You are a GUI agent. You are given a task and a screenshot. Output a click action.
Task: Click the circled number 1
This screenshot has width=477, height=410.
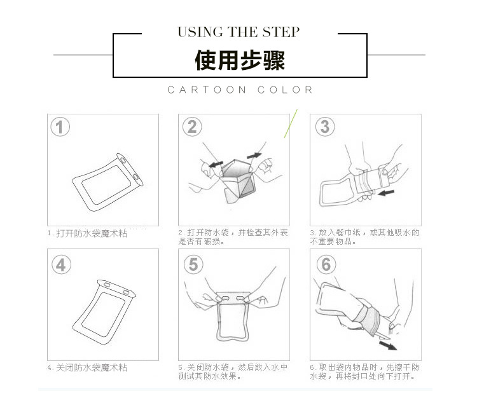(x=60, y=127)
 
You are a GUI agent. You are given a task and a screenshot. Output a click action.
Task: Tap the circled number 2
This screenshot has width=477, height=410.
(x=192, y=127)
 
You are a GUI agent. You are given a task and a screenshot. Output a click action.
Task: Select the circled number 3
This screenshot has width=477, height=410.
(x=325, y=126)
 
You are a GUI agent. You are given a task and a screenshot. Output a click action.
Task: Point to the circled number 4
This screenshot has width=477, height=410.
(x=61, y=264)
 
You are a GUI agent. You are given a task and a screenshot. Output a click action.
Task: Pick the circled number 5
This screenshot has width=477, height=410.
(x=193, y=264)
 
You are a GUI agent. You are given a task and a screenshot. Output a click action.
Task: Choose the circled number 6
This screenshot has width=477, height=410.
(x=326, y=264)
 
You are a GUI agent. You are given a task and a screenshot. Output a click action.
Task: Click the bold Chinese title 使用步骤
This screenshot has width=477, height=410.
(x=240, y=60)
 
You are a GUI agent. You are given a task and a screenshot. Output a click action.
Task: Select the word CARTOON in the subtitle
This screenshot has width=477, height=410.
(x=207, y=90)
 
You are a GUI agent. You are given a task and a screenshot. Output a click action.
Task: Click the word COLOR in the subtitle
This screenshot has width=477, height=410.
(x=285, y=90)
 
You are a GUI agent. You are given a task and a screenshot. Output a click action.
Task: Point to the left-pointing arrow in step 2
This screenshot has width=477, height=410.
(x=216, y=165)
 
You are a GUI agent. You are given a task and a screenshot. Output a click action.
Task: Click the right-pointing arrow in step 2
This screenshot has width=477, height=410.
(x=254, y=156)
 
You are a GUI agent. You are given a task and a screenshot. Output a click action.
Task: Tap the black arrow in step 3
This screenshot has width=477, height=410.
(x=386, y=193)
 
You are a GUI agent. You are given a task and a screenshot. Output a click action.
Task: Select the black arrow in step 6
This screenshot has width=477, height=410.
(x=388, y=345)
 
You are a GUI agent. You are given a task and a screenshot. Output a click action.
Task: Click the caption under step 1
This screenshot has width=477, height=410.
(x=87, y=233)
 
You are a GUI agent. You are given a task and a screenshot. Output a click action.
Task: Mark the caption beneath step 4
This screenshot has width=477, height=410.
(x=87, y=367)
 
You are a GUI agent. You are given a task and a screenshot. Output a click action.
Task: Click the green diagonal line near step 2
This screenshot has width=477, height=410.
(x=291, y=123)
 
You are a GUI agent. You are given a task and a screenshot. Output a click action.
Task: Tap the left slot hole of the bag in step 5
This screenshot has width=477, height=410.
(x=225, y=298)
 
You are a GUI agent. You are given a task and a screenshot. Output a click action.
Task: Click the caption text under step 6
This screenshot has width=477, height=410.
(x=364, y=372)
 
